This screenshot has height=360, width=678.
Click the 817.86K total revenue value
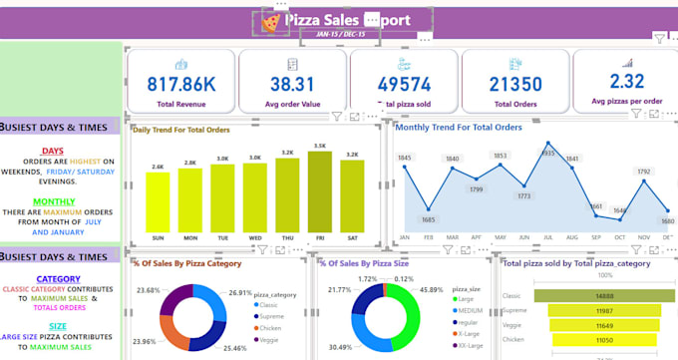180,85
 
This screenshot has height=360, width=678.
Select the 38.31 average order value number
291,85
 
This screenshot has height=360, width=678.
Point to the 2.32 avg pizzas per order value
627,82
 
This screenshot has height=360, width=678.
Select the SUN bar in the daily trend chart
158,200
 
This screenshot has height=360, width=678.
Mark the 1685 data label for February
429,219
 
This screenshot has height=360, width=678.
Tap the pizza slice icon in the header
270,20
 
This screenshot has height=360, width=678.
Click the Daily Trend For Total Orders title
182,130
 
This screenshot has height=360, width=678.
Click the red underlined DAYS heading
53,151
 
